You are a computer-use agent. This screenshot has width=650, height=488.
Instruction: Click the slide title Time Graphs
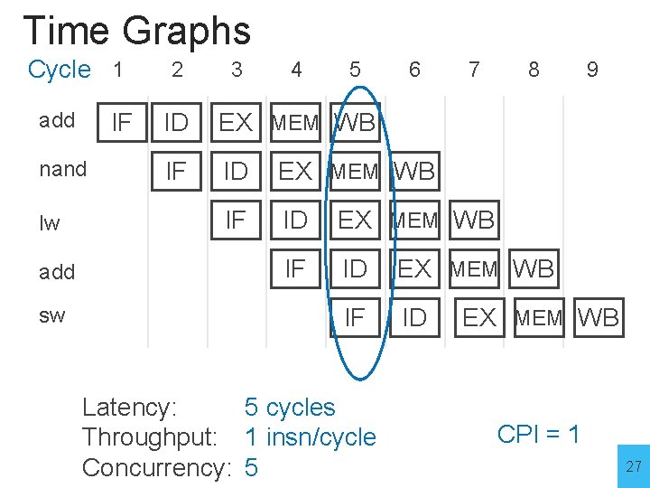click(136, 31)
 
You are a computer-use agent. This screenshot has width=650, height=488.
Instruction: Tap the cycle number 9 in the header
click(592, 70)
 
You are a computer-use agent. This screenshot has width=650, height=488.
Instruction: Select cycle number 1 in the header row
click(117, 69)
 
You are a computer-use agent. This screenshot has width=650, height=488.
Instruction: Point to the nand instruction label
click(63, 169)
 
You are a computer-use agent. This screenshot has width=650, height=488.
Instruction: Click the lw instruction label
click(50, 222)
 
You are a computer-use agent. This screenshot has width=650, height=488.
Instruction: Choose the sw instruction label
click(51, 315)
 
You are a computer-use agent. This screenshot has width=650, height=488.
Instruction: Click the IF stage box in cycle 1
click(121, 122)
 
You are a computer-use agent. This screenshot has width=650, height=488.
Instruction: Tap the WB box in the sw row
click(598, 317)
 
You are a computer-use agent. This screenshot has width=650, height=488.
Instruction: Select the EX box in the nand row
click(294, 171)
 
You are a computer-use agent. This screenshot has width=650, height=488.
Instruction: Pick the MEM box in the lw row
click(413, 220)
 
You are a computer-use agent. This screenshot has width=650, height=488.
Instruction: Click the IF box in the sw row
click(355, 317)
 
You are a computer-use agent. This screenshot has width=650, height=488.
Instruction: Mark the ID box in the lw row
click(295, 220)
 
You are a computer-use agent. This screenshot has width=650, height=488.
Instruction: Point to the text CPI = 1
click(538, 434)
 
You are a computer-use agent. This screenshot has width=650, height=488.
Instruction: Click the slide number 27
click(633, 466)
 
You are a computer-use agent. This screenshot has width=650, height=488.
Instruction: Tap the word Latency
click(129, 408)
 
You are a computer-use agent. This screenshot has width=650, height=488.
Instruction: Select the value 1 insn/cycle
click(311, 437)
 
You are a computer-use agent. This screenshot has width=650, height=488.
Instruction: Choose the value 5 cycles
click(290, 408)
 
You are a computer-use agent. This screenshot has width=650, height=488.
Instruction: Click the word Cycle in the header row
click(60, 70)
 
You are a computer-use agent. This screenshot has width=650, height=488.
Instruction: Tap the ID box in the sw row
click(413, 317)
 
